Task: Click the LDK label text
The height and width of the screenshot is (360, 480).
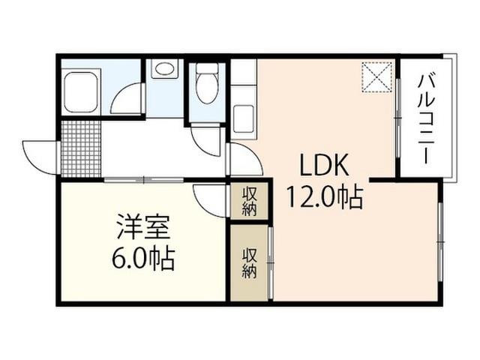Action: click(x=324, y=164)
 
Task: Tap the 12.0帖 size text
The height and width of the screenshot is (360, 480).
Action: click(x=325, y=197)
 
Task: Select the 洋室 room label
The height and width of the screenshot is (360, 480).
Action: click(x=143, y=227)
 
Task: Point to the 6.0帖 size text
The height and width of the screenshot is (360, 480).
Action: click(x=143, y=259)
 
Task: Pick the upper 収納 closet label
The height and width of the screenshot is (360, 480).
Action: click(x=250, y=202)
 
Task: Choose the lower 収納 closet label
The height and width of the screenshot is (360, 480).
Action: click(x=250, y=262)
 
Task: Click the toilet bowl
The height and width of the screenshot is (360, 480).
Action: click(x=207, y=83)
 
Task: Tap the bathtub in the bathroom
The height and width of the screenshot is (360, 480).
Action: click(x=81, y=92)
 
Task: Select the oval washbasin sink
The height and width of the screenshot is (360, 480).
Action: click(x=165, y=69)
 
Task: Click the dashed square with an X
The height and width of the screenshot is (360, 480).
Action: click(x=376, y=76)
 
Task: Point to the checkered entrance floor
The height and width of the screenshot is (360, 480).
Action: click(x=81, y=149)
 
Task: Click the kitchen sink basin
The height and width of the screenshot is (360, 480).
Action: click(x=244, y=118)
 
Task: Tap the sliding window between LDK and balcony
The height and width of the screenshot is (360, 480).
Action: click(x=398, y=118)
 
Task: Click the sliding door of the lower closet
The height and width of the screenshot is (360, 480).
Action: click(x=270, y=262)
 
